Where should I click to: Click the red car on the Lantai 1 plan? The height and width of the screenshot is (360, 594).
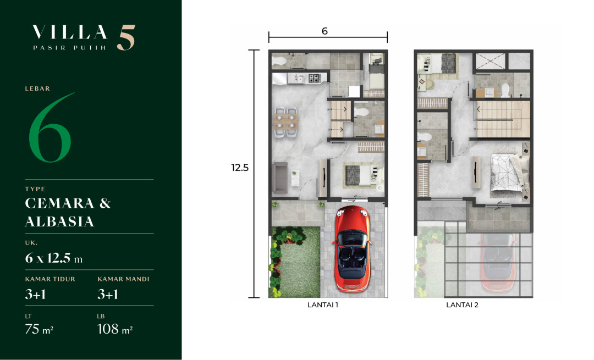click(x=352, y=249)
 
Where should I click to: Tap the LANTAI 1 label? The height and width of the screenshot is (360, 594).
click(x=323, y=304)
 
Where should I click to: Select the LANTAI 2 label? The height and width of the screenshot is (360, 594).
click(x=462, y=304)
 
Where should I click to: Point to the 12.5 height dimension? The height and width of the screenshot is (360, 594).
click(x=240, y=167)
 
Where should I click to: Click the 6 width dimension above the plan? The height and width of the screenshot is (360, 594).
click(x=324, y=31)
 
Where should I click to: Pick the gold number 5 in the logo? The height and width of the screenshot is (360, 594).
click(x=126, y=37)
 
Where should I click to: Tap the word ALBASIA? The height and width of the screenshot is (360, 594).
click(x=59, y=221)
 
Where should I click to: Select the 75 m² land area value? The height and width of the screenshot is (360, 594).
click(x=39, y=329)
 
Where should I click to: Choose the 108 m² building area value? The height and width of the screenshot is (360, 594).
click(x=115, y=329)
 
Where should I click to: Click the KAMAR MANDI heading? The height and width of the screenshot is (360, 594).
click(x=124, y=279)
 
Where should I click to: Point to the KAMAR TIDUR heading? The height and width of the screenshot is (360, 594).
click(x=50, y=279)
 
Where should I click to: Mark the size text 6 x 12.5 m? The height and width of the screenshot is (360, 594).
click(x=54, y=258)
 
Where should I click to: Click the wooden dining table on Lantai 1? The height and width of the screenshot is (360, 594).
click(x=285, y=121)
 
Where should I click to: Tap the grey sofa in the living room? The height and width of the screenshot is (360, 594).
click(x=280, y=178)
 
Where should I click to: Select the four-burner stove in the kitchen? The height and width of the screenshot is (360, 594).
click(x=314, y=79)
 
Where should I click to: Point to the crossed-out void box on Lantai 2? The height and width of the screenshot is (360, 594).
click(x=491, y=61)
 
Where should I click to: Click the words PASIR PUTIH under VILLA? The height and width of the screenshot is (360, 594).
click(x=69, y=48)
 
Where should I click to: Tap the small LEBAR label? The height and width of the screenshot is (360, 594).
click(x=37, y=88)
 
